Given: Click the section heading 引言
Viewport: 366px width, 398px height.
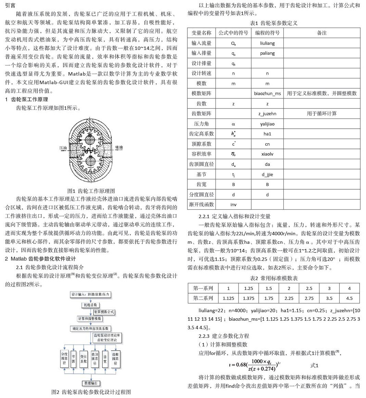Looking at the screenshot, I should tap(10, 5).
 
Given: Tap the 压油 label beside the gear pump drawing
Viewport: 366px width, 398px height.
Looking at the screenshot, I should tap(63, 148).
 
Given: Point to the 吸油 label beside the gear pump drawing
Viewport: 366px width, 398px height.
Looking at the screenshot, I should tap(119, 148).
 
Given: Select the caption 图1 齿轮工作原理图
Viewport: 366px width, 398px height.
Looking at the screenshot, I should tap(91, 191).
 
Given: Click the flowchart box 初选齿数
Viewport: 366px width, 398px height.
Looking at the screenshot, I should tap(91, 305).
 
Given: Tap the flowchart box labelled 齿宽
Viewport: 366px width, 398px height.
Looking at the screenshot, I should tap(105, 359).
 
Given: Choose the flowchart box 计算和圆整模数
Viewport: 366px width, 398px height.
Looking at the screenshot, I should tap(90, 319).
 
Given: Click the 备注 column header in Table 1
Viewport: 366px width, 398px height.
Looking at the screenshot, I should tap(322, 33).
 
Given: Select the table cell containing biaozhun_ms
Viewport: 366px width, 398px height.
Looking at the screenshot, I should tap(267, 93).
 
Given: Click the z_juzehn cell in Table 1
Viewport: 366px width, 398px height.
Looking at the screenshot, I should tap(267, 114).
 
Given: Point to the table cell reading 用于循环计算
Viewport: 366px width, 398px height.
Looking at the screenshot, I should tap(322, 114).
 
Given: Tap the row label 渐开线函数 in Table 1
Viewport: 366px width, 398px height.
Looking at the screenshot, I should tap(201, 204).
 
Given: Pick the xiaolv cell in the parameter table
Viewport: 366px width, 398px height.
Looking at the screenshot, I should tap(267, 154).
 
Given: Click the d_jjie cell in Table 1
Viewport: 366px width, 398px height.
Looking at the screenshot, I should tap(267, 174).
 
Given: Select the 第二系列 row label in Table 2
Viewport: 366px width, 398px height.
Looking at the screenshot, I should tap(203, 298).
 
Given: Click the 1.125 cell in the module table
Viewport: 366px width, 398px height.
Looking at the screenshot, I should tap(228, 298).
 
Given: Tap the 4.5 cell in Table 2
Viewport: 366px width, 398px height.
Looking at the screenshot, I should tap(349, 298).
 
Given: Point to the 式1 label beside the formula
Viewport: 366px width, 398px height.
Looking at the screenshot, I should tap(314, 366).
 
